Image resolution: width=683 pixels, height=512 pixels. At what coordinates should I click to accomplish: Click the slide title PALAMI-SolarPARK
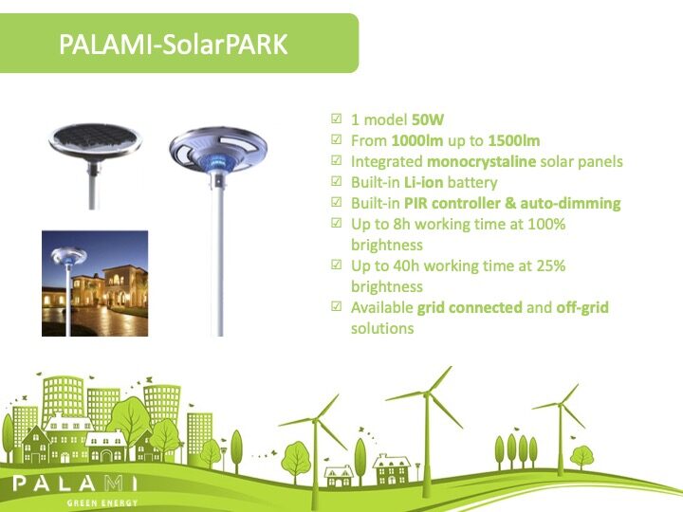(x=174, y=45)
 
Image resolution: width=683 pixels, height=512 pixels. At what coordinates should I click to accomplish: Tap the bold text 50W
(x=428, y=119)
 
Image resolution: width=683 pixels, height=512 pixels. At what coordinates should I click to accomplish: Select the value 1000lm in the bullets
(x=417, y=140)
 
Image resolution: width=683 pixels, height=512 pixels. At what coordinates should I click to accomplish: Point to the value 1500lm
(x=514, y=140)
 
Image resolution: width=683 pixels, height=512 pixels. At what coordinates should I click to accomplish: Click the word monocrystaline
(x=481, y=162)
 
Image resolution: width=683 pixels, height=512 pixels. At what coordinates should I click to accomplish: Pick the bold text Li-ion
(x=423, y=182)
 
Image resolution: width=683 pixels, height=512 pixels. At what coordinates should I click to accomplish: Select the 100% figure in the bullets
(x=546, y=224)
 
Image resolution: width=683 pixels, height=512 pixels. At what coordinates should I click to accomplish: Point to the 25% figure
(x=551, y=265)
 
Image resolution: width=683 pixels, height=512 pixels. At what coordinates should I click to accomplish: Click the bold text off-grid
(x=582, y=308)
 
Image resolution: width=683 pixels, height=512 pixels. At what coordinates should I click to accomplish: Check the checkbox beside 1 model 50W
(x=336, y=119)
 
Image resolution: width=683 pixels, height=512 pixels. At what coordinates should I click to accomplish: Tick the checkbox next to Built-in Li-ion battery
(x=336, y=181)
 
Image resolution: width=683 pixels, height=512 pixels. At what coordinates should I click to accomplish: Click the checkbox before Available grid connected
(x=336, y=306)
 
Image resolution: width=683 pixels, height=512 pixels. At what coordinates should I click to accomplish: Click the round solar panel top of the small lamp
(x=96, y=140)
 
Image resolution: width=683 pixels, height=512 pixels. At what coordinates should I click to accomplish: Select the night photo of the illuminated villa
(x=95, y=283)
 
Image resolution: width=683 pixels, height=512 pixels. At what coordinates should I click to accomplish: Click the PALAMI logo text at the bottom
(x=75, y=484)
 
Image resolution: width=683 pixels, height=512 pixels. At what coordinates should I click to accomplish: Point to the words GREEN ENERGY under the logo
(x=102, y=503)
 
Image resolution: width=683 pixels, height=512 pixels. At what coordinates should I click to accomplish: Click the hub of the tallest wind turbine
(x=426, y=394)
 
